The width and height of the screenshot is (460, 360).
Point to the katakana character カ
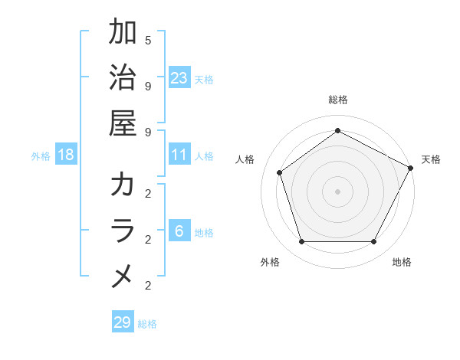tap(123, 185)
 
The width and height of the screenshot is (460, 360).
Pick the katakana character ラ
tap(123, 231)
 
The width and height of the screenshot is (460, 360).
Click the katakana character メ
tap(123, 277)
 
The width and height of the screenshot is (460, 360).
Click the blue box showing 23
tap(179, 78)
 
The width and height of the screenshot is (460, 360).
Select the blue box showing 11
tap(179, 155)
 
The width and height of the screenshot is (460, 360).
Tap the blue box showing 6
tap(179, 232)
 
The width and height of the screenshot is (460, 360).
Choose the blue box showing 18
tap(66, 155)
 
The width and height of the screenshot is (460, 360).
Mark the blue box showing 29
tap(123, 322)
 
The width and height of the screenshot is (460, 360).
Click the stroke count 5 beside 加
tap(147, 40)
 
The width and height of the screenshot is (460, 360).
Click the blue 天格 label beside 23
tap(204, 79)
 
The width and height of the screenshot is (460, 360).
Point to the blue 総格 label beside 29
tap(147, 323)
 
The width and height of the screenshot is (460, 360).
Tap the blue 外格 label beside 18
tap(41, 156)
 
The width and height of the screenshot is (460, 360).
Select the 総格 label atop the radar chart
tap(337, 100)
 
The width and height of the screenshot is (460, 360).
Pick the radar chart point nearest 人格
tap(280, 172)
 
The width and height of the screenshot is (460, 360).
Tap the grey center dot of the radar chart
tap(337, 191)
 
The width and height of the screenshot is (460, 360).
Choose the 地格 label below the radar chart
tap(402, 262)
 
